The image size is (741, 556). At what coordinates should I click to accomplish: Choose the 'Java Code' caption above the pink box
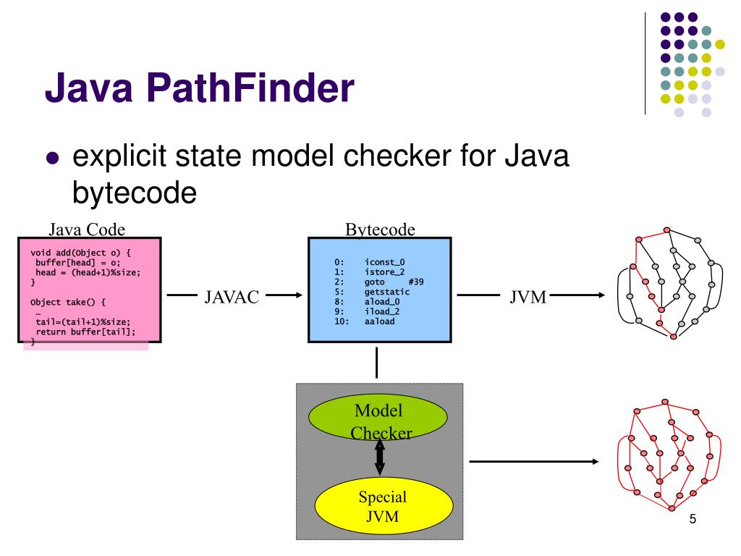tap(87, 229)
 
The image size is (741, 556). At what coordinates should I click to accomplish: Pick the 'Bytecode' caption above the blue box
tap(380, 229)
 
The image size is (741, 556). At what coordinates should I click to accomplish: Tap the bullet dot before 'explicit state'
tap(51, 161)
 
